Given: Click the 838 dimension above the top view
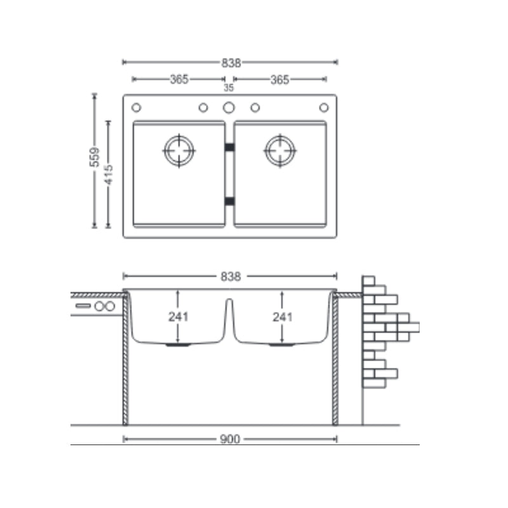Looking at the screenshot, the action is (231, 63).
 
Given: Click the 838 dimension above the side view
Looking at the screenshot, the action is (231, 277).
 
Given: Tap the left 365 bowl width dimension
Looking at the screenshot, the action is (179, 79).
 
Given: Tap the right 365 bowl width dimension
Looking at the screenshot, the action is (279, 80).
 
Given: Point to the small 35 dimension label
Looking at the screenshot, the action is (229, 88).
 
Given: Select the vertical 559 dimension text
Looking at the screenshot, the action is (95, 157).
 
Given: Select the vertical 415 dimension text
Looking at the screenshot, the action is (109, 175).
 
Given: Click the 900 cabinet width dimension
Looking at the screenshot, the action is (230, 439).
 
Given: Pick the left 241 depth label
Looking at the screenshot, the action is (178, 317).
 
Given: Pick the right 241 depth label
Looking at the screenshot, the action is (283, 317).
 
